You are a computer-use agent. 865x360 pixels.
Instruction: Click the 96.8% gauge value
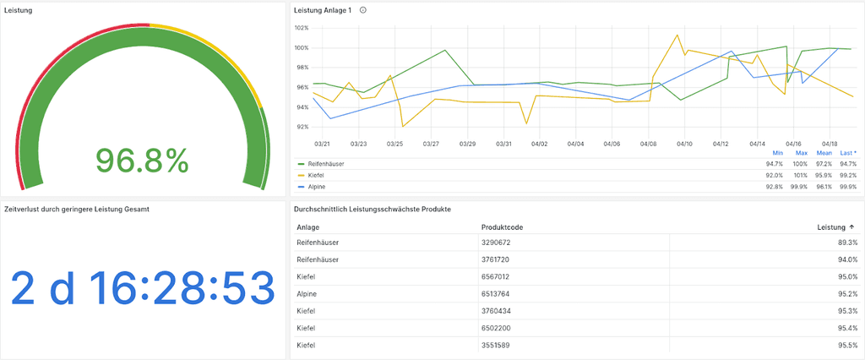tap(141, 160)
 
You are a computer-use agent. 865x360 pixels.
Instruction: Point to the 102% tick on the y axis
tap(301, 27)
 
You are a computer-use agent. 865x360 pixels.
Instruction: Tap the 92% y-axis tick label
tap(302, 127)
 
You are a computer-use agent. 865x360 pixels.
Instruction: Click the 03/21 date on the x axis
tap(322, 144)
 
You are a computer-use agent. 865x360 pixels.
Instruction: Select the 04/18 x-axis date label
tap(830, 144)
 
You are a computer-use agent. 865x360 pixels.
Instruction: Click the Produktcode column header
tap(503, 227)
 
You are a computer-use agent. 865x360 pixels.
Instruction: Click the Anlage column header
tap(308, 227)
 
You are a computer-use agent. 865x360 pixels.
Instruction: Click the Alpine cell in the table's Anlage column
tap(308, 293)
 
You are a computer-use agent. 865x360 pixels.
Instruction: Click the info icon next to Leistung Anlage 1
tap(363, 10)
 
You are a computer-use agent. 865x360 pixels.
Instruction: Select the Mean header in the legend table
tap(824, 153)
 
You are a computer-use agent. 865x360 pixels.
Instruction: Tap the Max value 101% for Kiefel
tap(800, 175)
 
